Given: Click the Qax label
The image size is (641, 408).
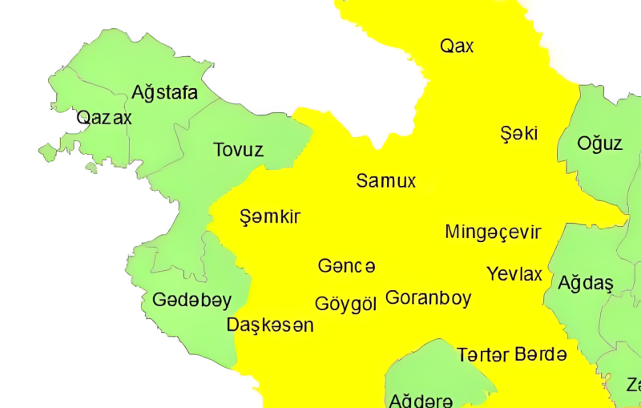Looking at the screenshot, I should (x=457, y=46).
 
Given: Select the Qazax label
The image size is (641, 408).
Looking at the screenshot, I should (x=104, y=119).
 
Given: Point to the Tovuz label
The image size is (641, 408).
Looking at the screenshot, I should (x=238, y=150).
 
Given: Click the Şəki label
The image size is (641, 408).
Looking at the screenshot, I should (x=518, y=133).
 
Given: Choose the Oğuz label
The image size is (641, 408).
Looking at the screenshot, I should (x=600, y=143).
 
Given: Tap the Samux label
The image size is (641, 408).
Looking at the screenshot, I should (x=386, y=181).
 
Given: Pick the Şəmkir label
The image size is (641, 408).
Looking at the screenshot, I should (x=270, y=216).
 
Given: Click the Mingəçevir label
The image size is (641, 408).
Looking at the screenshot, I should (x=493, y=232).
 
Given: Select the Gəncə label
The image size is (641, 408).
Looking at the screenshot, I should (x=346, y=265).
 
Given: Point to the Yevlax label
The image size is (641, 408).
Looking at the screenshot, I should (x=514, y=275).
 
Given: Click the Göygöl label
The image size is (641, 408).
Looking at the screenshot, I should (x=345, y=305).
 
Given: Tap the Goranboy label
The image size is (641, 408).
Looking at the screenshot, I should (x=428, y=298).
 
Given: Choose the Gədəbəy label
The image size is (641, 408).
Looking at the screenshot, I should (x=191, y=301).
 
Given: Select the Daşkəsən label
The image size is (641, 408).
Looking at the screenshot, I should (x=270, y=325).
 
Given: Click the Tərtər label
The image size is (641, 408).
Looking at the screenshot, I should (x=482, y=354).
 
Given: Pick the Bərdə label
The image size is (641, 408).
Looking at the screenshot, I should (x=541, y=353).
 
